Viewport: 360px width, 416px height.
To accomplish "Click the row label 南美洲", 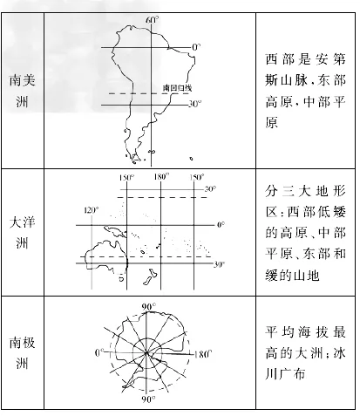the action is tap(22, 91).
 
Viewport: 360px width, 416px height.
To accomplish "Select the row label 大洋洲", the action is tap(22, 232).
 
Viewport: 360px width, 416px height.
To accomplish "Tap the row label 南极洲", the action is tap(22, 352).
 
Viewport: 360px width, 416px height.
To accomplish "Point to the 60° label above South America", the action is tap(153, 20).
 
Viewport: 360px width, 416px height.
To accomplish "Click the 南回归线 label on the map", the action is tap(177, 88).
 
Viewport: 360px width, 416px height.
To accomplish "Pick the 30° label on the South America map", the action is tap(195, 104).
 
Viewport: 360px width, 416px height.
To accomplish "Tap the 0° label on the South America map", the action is tap(196, 47).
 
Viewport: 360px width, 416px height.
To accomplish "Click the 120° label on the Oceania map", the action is tap(92, 210).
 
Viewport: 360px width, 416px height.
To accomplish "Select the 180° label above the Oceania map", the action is tap(161, 177).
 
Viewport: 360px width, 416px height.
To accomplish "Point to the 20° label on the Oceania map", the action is tap(210, 189).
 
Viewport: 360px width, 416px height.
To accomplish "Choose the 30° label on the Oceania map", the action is tap(220, 264).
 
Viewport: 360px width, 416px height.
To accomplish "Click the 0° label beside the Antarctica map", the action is tap(98, 353).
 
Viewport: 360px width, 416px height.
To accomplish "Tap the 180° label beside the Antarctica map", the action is tap(203, 354).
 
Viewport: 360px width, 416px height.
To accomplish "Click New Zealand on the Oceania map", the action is tap(150, 277).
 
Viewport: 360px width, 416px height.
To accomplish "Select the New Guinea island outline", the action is tap(116, 232).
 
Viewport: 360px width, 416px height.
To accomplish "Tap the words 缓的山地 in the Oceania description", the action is tap(292, 275).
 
